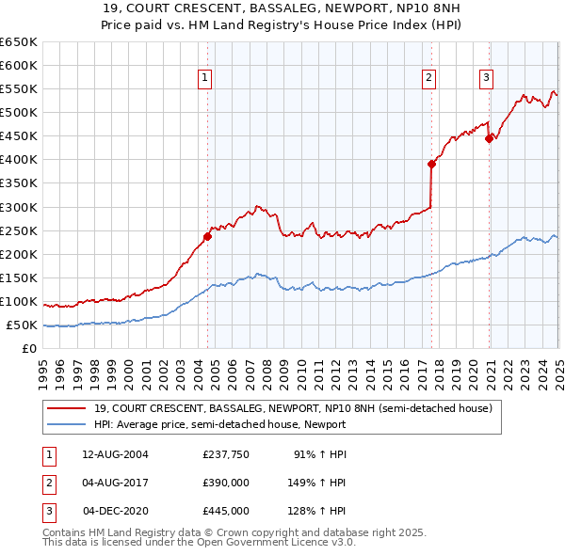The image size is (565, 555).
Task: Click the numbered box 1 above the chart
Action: click(x=204, y=78)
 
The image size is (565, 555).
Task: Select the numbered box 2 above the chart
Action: click(x=428, y=78)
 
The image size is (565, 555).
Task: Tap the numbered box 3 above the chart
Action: click(x=487, y=78)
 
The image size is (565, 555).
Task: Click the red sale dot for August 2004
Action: click(x=207, y=236)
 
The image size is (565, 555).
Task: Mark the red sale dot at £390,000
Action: click(x=431, y=164)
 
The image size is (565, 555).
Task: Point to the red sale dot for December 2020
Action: click(x=489, y=138)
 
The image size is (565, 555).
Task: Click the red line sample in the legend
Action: click(x=65, y=408)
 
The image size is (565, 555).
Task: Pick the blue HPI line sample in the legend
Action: click(x=65, y=424)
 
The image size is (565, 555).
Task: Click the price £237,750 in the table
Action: click(x=225, y=454)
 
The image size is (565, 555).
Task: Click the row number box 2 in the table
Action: click(x=48, y=483)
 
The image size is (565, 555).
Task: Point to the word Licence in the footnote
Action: click(x=299, y=543)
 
